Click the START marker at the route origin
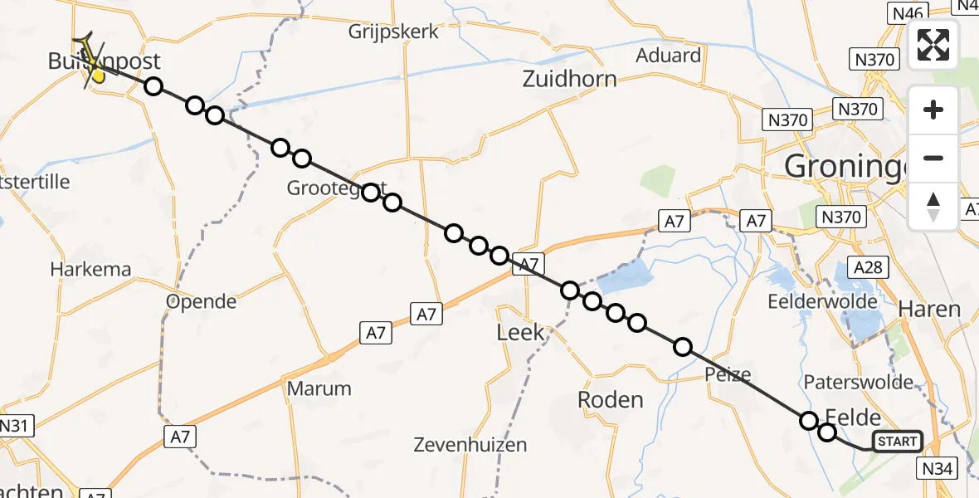[x=897, y=442]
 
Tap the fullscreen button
[x=933, y=45]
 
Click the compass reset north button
[x=933, y=207]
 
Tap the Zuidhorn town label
[x=569, y=80]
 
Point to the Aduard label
[x=668, y=56]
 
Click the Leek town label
[x=520, y=333]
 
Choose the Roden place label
[x=610, y=400]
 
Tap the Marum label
[x=319, y=388]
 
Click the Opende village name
[x=202, y=300]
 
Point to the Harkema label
[x=90, y=270]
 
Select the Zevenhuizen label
[x=470, y=445]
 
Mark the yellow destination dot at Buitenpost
[x=98, y=76]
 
